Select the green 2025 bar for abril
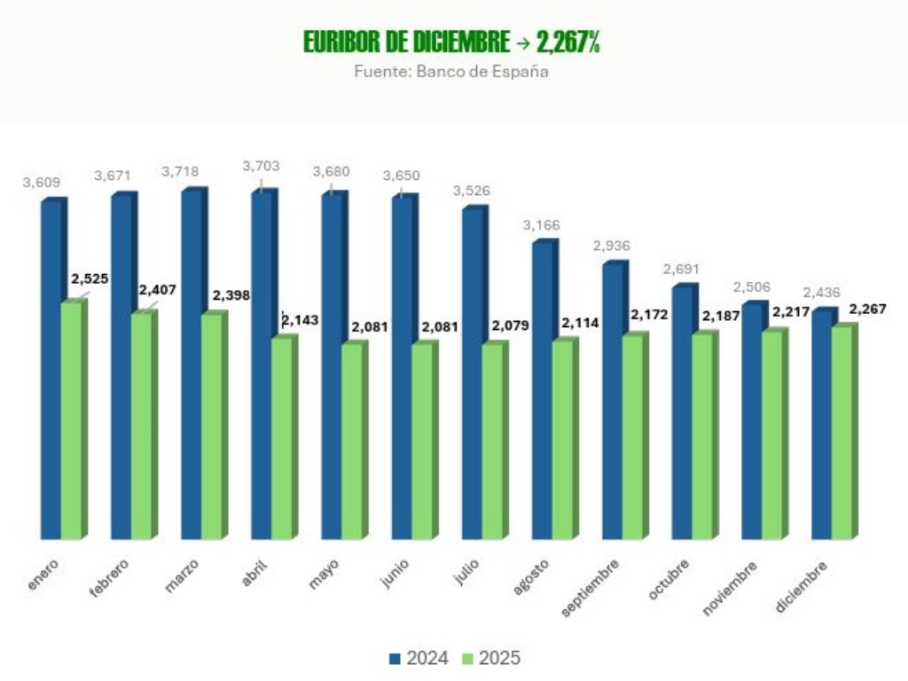click(281, 440)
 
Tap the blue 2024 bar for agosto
click(542, 391)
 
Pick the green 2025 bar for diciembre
click(841, 434)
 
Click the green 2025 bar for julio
click(491, 442)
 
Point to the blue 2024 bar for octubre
click(682, 413)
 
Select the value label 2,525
click(90, 279)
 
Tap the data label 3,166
click(541, 225)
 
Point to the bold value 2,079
click(510, 325)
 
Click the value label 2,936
click(612, 246)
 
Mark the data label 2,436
click(821, 293)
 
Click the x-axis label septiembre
click(591, 587)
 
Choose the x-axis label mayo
click(324, 573)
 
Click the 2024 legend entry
click(419, 659)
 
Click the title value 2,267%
click(568, 42)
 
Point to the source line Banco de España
click(450, 72)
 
